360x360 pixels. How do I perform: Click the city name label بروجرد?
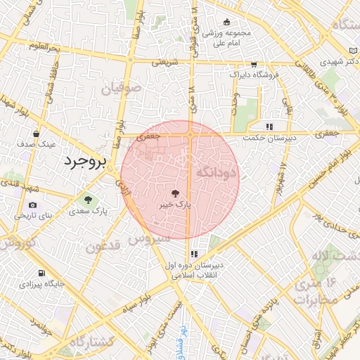click(84, 161)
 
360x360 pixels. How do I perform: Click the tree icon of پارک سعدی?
click(88, 200)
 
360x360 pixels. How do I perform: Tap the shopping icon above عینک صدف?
click(37, 133)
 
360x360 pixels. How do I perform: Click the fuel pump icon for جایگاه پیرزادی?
click(42, 274)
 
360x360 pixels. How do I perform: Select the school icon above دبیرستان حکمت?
click(268, 127)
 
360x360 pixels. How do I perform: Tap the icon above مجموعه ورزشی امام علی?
click(225, 22)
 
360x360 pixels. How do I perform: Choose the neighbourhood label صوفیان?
click(121, 89)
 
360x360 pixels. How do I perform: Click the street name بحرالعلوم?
click(44, 47)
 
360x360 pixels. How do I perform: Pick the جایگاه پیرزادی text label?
click(42, 285)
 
